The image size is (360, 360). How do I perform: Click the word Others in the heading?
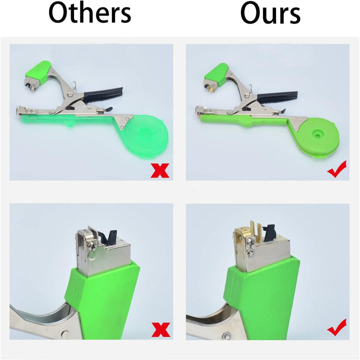[x=90, y=12]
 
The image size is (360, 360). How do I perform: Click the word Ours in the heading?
[x=270, y=12]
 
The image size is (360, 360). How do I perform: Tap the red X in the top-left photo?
[x=160, y=170]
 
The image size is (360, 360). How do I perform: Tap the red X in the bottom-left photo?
[x=160, y=329]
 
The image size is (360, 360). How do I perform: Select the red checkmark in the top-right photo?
[x=337, y=169]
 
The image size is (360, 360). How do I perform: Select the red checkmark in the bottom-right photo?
[x=337, y=328]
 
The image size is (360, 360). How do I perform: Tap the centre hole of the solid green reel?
[x=317, y=135]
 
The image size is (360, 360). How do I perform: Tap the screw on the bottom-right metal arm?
[x=226, y=336]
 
